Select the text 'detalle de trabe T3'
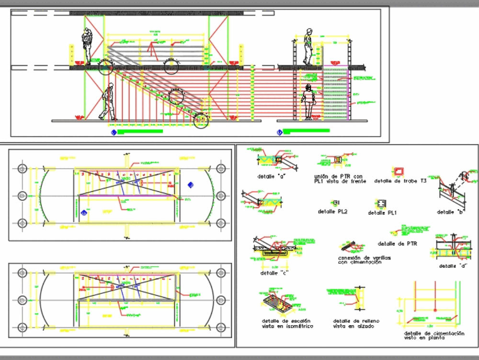tap(397, 181)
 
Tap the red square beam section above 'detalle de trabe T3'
tap(398, 172)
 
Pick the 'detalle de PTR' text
tap(397, 244)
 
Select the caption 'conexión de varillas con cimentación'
tap(364, 260)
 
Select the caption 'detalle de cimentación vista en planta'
tap(434, 335)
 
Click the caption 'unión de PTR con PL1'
tap(340, 179)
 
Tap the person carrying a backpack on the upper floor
tap(87, 46)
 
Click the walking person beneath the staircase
tap(108, 102)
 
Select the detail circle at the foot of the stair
tap(202, 121)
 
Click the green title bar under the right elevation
tap(306, 130)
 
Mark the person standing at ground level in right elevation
tap(308, 102)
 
